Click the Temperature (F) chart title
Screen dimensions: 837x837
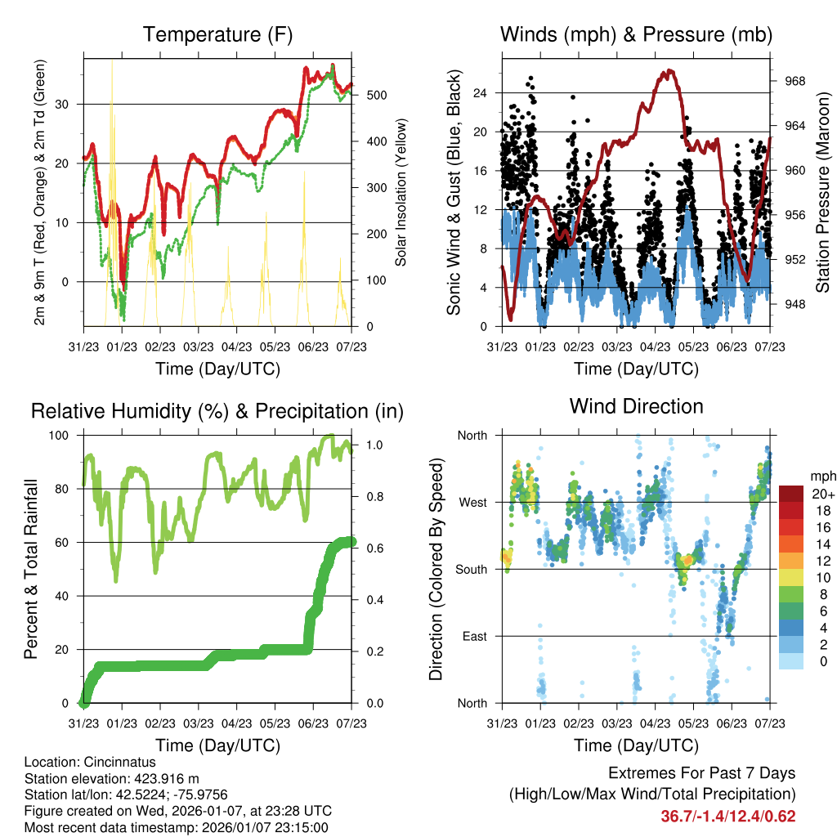point(217,35)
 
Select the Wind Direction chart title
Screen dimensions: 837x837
point(636,406)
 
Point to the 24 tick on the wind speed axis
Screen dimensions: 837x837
point(481,92)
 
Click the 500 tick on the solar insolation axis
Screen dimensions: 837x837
point(376,95)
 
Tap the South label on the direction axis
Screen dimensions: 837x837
point(471,569)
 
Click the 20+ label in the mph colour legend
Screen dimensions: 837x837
point(821,494)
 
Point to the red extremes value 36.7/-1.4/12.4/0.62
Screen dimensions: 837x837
point(727,816)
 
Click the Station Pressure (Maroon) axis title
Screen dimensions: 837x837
point(822,192)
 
